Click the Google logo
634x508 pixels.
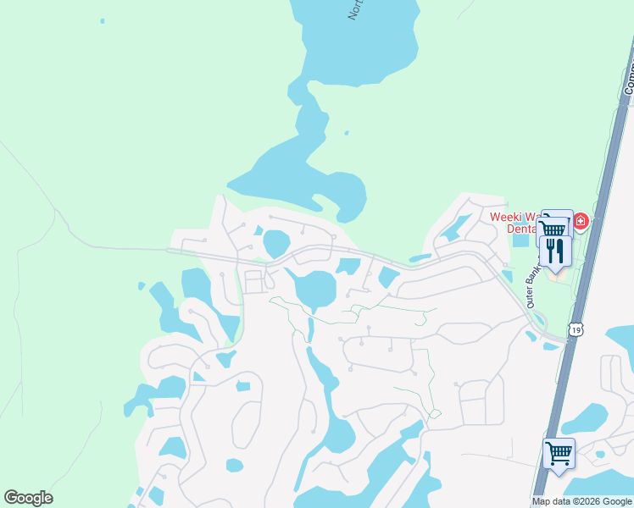pyautogui.click(x=28, y=498)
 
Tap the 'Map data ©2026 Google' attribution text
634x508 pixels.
pyautogui.click(x=581, y=501)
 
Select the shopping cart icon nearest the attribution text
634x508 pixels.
pyautogui.click(x=559, y=453)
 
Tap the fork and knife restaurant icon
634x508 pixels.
pyautogui.click(x=555, y=250)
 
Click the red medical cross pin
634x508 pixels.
pyautogui.click(x=581, y=223)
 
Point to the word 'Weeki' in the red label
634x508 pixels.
pyautogui.click(x=505, y=216)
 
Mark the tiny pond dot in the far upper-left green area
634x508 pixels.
pyautogui.click(x=102, y=20)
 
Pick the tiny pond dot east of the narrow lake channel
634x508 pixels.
pyautogui.click(x=347, y=133)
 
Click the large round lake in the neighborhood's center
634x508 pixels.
pyautogui.click(x=315, y=289)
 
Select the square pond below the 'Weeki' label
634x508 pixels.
pyautogui.click(x=520, y=240)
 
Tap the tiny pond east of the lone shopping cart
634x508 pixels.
pyautogui.click(x=600, y=455)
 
